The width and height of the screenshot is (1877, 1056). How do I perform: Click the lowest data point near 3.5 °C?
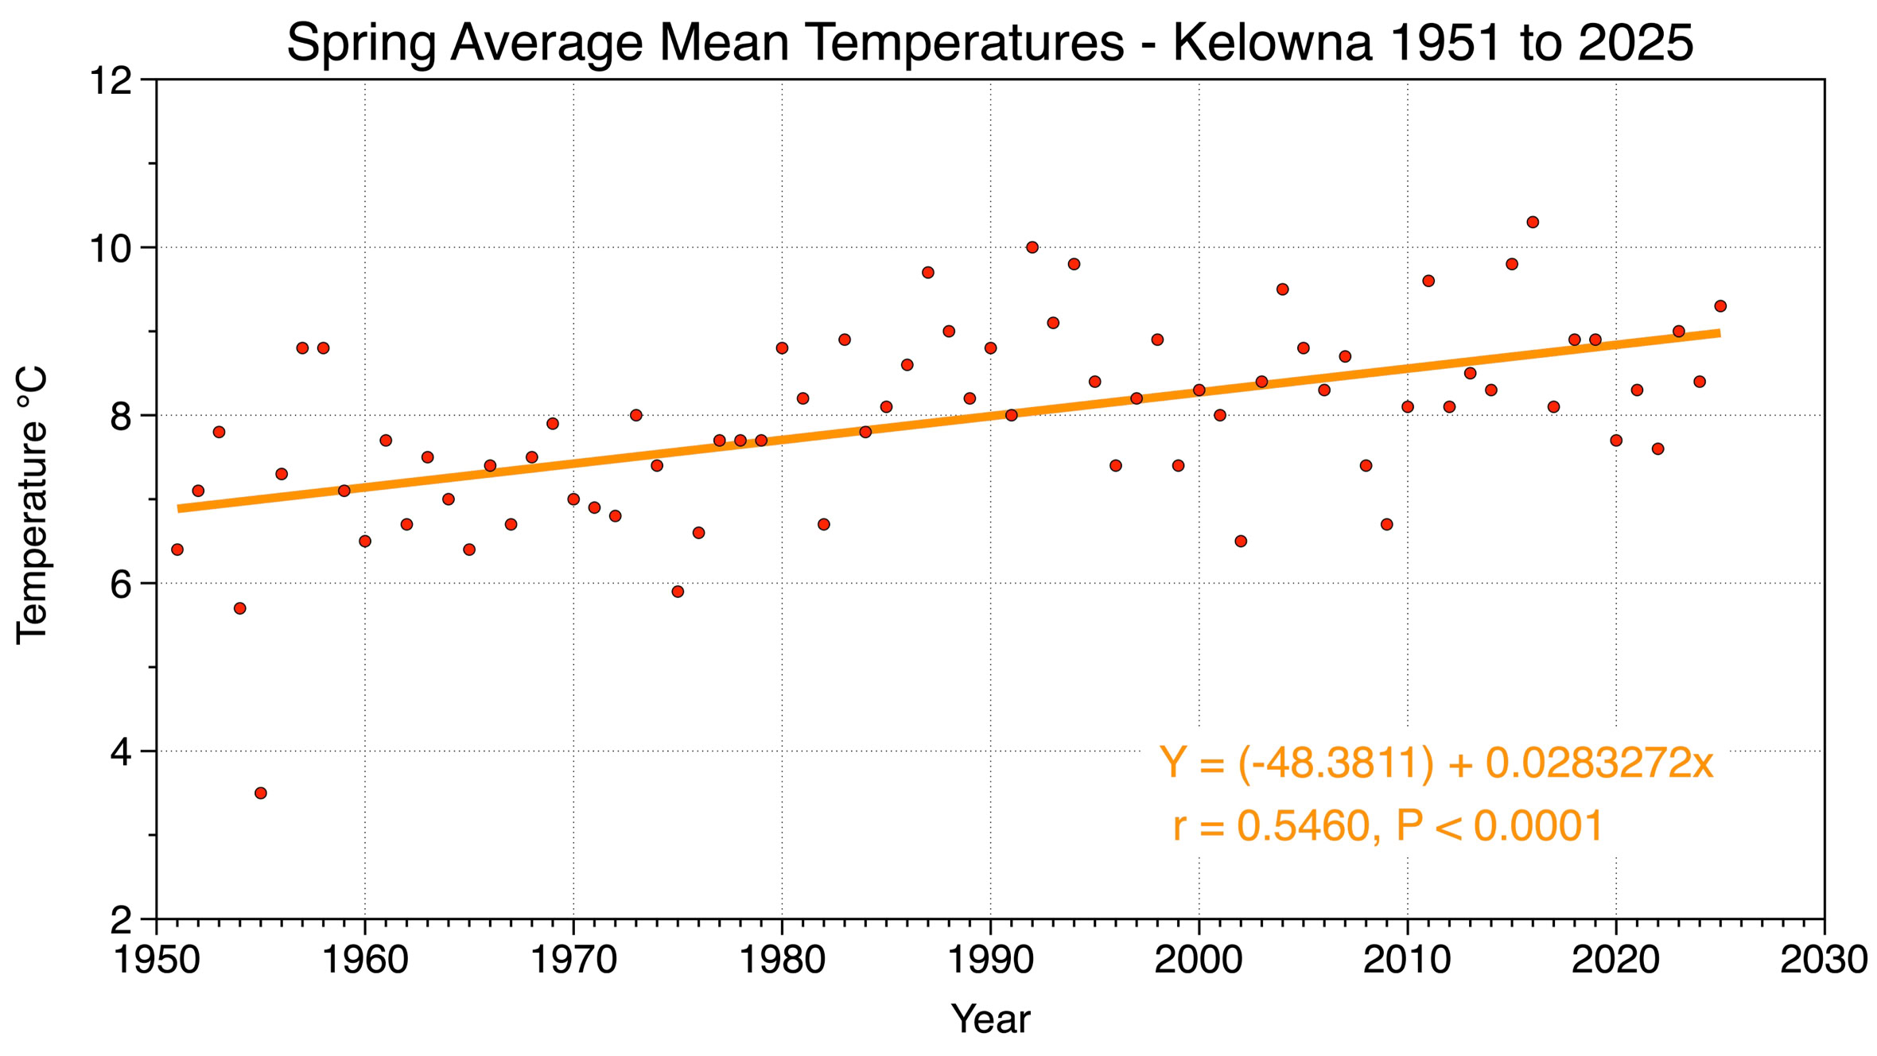[x=261, y=793]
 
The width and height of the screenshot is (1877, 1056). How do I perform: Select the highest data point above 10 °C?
[x=1533, y=223]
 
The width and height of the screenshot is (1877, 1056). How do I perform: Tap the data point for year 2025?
[x=1720, y=306]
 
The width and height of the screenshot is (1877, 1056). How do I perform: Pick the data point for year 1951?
[x=177, y=549]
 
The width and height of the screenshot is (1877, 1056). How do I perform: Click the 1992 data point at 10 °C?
[x=1032, y=247]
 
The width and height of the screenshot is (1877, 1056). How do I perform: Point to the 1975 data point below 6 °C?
[x=678, y=592]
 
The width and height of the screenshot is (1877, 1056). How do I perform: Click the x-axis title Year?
[x=990, y=1019]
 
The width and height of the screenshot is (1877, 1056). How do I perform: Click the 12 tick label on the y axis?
[x=110, y=81]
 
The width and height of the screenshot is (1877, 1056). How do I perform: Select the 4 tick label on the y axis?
[x=121, y=752]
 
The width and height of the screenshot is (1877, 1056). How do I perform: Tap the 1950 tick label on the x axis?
[x=157, y=960]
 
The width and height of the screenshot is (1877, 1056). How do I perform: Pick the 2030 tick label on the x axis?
[x=1824, y=960]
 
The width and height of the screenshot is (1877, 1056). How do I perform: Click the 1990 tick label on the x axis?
[x=990, y=960]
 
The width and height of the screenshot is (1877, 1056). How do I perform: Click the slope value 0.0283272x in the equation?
[x=1599, y=763]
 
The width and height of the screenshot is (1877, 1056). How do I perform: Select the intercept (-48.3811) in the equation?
[x=1336, y=763]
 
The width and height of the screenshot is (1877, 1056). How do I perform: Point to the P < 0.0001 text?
[x=1499, y=826]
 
